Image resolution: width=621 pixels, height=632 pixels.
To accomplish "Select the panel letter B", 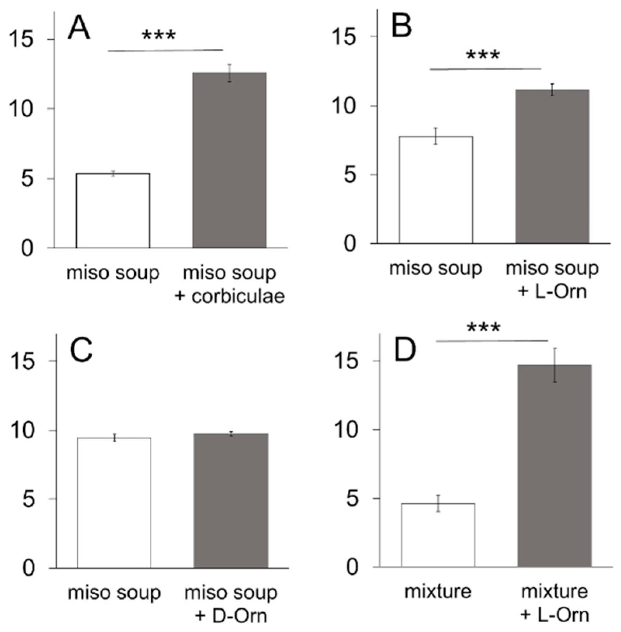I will tap(401, 26).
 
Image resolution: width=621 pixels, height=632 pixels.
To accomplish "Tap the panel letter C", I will tap(81, 350).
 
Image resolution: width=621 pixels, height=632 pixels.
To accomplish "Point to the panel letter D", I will tap(405, 349).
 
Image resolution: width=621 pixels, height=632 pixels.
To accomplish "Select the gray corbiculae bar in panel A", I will tap(229, 160).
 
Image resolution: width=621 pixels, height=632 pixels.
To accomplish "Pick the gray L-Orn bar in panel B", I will tap(552, 167).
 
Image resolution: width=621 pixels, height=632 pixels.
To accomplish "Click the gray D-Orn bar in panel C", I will tap(231, 500).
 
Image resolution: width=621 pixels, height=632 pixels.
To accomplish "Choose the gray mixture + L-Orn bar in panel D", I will tap(555, 465).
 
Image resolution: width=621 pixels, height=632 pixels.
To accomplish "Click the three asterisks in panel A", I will tap(159, 36).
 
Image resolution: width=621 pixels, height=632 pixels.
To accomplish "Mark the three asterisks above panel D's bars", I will tap(484, 328).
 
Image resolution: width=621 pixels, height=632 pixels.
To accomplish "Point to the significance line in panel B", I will tap(485, 69).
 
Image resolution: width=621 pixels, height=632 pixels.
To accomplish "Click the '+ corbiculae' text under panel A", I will tap(230, 297).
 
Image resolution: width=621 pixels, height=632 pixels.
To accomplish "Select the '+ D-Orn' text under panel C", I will tap(231, 616).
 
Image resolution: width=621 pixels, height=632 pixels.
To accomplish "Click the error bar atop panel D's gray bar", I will tap(555, 365).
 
